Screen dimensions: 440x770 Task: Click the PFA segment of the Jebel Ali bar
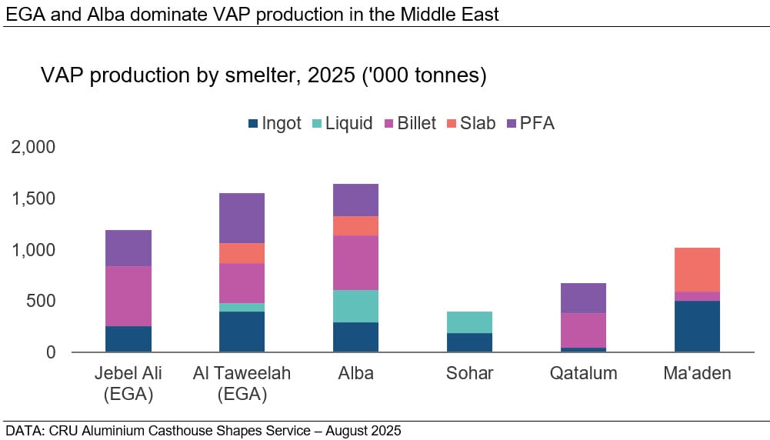pos(128,248)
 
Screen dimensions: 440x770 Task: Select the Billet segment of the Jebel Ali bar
pos(128,296)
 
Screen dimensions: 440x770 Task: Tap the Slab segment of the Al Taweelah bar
pos(242,253)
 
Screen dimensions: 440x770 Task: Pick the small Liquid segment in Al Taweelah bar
pos(242,307)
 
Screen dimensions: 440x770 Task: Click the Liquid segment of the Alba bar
pos(355,306)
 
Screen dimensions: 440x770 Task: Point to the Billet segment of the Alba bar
pos(355,262)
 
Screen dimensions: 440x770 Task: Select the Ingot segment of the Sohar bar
pos(469,342)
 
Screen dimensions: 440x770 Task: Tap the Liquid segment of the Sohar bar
pos(469,322)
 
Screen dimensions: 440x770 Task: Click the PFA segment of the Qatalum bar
pos(583,298)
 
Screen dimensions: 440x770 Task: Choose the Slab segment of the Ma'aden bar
pos(697,269)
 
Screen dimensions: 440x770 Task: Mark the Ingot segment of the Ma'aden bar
pos(697,326)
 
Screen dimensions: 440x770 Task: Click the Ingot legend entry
pos(274,124)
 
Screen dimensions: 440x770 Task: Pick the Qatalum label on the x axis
pos(583,374)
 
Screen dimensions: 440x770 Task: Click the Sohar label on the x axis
pos(469,374)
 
